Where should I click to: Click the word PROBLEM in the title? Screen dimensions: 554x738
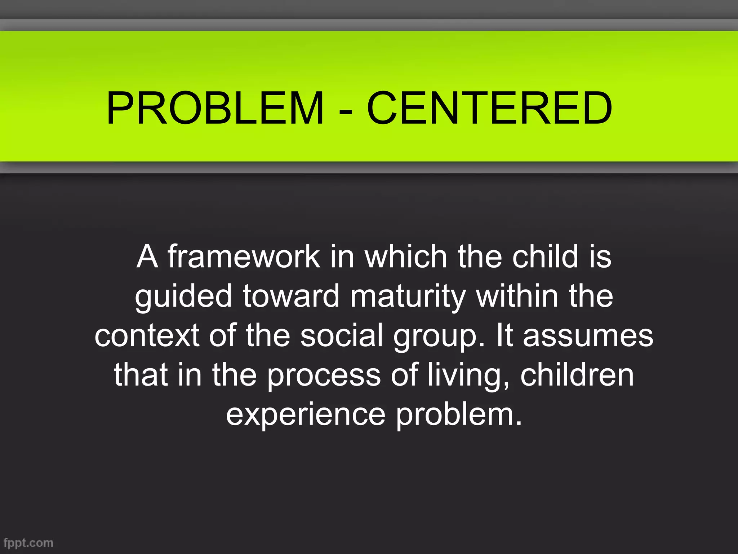215,108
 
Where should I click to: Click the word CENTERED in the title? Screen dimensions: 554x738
489,108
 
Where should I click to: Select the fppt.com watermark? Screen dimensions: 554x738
28,543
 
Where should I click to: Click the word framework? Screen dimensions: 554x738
244,256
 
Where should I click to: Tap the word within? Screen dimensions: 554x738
517,296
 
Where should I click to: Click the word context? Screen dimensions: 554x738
147,335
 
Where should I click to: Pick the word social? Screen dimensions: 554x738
341,335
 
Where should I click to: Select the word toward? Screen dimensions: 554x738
291,296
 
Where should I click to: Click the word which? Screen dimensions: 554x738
406,256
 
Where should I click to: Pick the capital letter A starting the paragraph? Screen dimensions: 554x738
147,256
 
